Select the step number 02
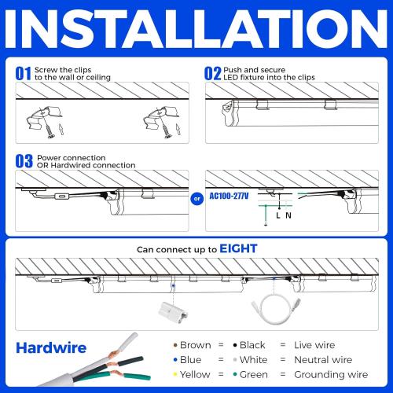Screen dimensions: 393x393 [x=212, y=73]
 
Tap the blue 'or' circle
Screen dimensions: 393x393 [x=196, y=198]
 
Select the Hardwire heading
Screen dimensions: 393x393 [x=50, y=347]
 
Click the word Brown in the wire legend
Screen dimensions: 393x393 [x=195, y=345]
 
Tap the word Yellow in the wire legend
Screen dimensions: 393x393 [x=196, y=375]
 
